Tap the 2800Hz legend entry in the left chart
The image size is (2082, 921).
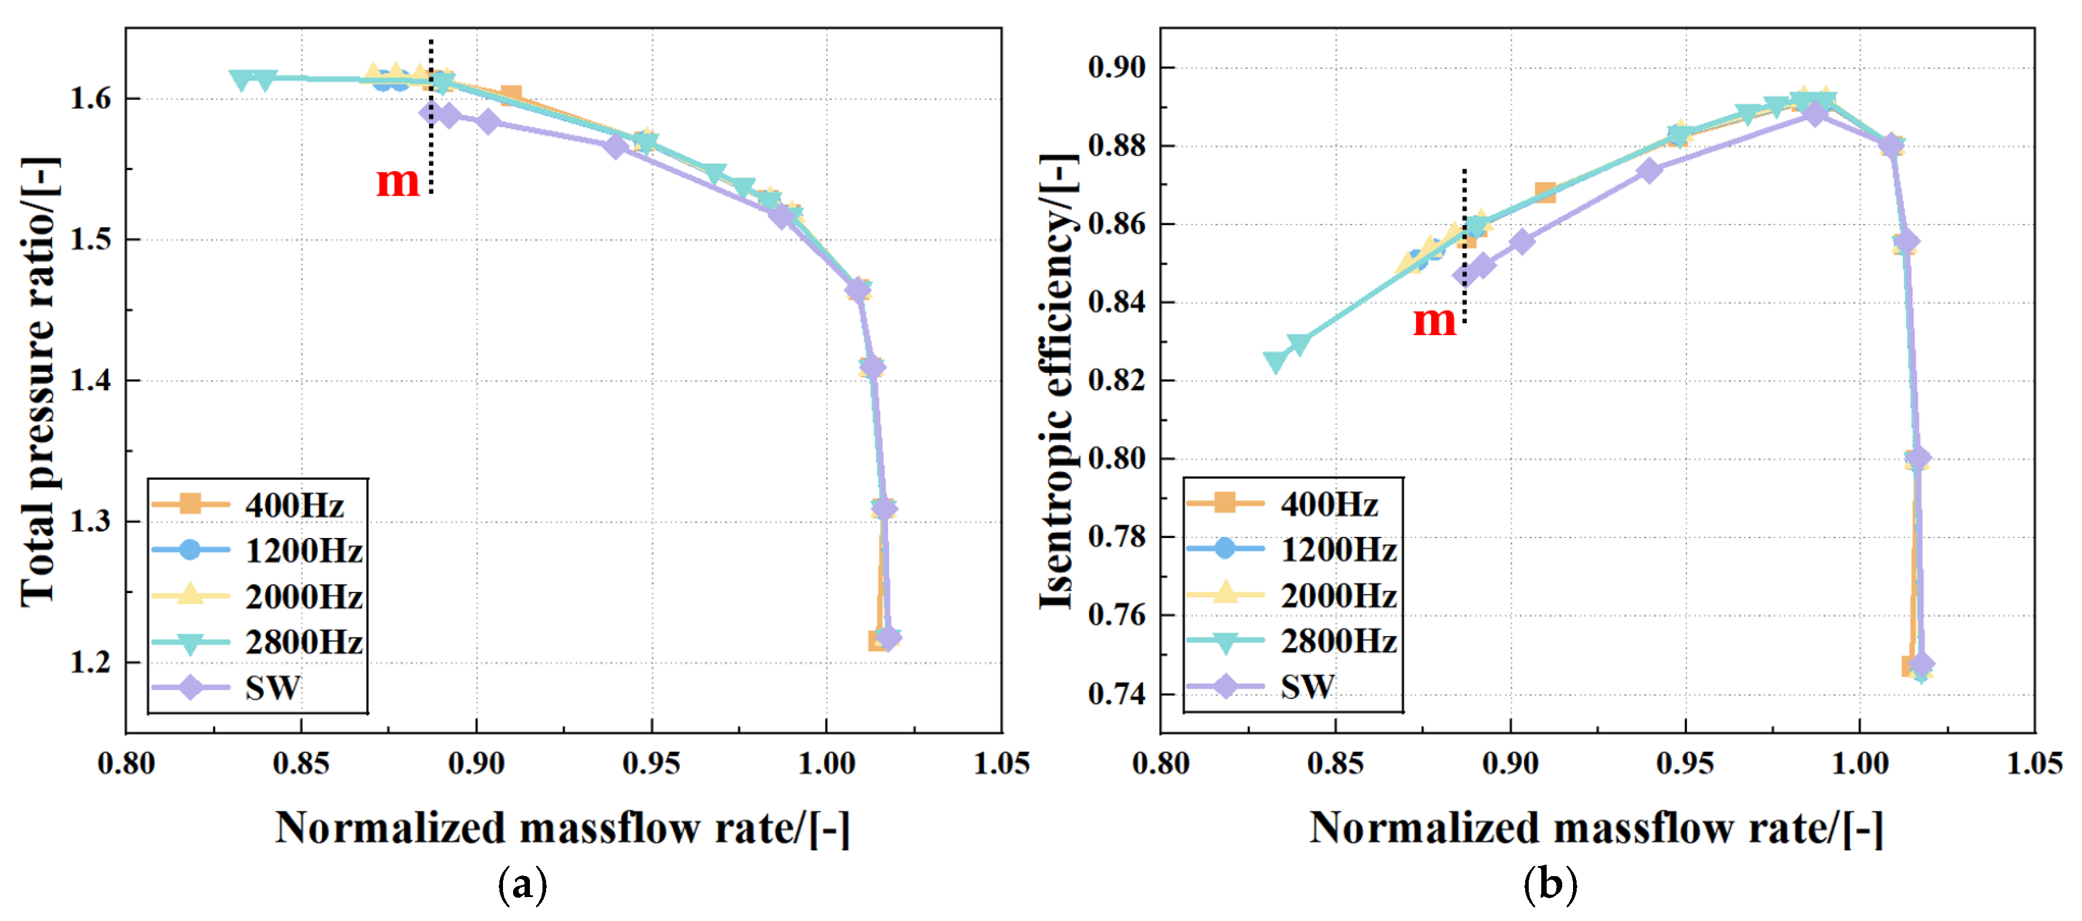pyautogui.click(x=257, y=642)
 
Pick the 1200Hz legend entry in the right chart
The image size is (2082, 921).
pyautogui.click(x=1292, y=549)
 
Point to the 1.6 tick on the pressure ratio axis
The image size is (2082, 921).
pyautogui.click(x=90, y=99)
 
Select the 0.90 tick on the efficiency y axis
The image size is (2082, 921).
pyautogui.click(x=1117, y=67)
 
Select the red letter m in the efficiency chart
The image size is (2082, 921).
pyautogui.click(x=1434, y=321)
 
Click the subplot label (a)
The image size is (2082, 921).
pyautogui.click(x=522, y=884)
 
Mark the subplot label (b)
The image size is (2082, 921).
pyautogui.click(x=1550, y=884)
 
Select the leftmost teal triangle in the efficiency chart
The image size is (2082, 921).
pyautogui.click(x=1275, y=362)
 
